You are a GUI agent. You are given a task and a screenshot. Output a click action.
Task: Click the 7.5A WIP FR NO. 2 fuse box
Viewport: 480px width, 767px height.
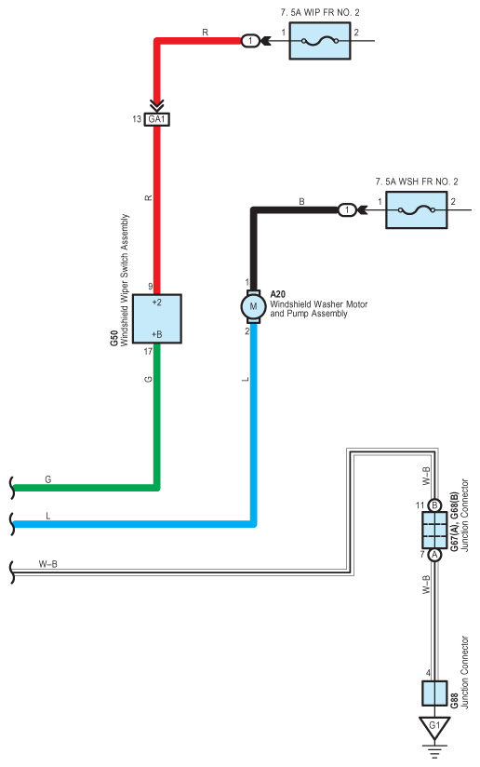pyautogui.click(x=320, y=41)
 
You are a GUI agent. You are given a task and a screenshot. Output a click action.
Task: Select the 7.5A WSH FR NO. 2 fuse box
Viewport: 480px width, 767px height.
pyautogui.click(x=416, y=209)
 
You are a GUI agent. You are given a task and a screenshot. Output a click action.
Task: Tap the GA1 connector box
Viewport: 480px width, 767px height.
pyautogui.click(x=157, y=119)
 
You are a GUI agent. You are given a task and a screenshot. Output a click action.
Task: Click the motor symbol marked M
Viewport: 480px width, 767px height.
pyautogui.click(x=253, y=306)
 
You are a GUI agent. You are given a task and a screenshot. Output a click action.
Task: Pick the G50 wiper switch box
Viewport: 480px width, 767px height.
pyautogui.click(x=157, y=318)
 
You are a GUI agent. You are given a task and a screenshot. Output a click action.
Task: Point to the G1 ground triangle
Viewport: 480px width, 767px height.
pyautogui.click(x=434, y=727)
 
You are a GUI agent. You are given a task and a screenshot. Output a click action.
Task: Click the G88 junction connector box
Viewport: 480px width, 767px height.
pyautogui.click(x=434, y=693)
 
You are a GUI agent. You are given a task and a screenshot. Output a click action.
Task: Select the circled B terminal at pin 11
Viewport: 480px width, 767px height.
pyautogui.click(x=434, y=505)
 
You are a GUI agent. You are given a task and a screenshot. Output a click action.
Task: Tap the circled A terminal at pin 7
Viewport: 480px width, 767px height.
pyautogui.click(x=434, y=555)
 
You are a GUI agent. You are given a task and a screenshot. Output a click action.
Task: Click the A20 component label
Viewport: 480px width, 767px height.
pyautogui.click(x=277, y=294)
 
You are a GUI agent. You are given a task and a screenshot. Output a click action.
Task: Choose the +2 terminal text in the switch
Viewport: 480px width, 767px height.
pyautogui.click(x=156, y=303)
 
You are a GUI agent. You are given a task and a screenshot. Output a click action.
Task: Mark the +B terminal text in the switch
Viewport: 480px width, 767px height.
pyautogui.click(x=156, y=334)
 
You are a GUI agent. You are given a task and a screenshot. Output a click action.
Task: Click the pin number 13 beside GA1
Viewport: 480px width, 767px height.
pyautogui.click(x=137, y=119)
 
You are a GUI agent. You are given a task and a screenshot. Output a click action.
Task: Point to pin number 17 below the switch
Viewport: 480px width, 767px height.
pyautogui.click(x=148, y=351)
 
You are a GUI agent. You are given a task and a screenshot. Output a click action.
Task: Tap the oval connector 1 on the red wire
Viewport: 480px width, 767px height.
pyautogui.click(x=250, y=41)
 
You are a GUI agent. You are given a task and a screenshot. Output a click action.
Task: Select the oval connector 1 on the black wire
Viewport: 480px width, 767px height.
pyautogui.click(x=347, y=209)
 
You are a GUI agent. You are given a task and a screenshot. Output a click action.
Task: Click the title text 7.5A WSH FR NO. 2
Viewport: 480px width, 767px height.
pyautogui.click(x=417, y=182)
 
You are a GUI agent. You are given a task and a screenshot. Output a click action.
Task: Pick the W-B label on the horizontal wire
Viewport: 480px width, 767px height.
pyautogui.click(x=47, y=564)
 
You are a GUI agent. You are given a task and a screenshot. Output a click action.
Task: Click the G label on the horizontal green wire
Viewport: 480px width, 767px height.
pyautogui.click(x=47, y=479)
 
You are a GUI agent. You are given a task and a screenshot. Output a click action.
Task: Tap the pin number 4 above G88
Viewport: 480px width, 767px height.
pyautogui.click(x=428, y=673)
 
